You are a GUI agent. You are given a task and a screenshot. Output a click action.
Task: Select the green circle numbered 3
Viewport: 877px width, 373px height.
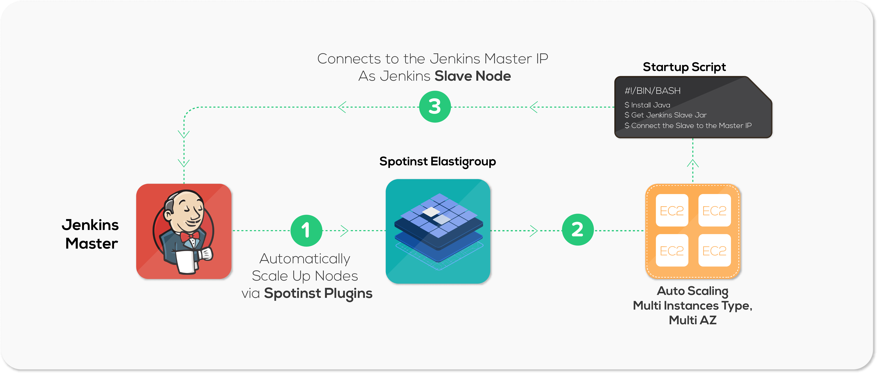(x=435, y=107)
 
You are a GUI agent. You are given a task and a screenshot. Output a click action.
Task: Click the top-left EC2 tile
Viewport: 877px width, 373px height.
(x=672, y=210)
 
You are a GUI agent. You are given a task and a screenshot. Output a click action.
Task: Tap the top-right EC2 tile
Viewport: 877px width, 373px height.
(x=714, y=210)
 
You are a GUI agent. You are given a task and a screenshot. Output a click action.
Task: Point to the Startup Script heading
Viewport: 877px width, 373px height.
(x=684, y=67)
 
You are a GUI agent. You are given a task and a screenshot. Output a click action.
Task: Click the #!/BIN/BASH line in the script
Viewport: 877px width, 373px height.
(x=653, y=91)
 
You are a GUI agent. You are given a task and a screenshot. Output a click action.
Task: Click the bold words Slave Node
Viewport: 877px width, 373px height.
(x=473, y=76)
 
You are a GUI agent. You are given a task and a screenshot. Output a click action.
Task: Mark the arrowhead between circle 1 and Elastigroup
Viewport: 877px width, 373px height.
(x=345, y=231)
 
